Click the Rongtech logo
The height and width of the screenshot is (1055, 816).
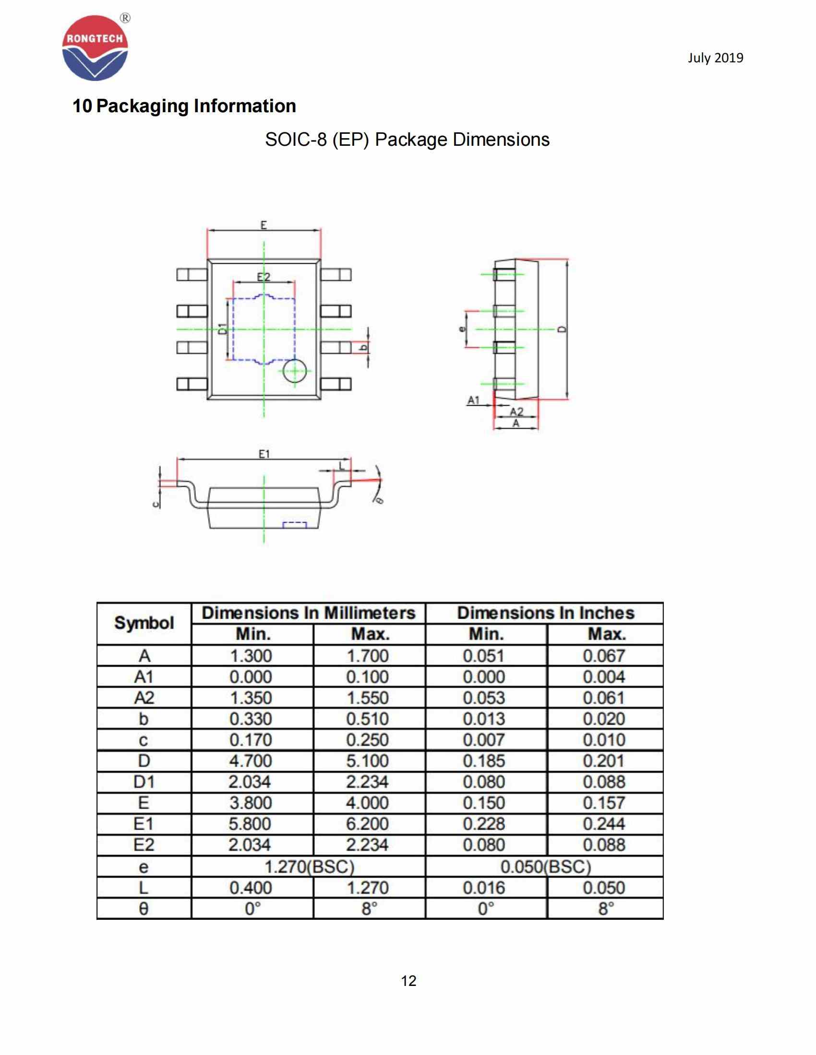[x=95, y=47]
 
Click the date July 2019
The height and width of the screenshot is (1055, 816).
[x=715, y=58]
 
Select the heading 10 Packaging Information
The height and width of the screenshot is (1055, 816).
[x=184, y=106]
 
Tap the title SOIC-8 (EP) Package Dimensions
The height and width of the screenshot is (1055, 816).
[x=407, y=140]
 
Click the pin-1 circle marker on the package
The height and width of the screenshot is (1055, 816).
[x=294, y=371]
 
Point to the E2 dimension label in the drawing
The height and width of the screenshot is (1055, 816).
[x=264, y=277]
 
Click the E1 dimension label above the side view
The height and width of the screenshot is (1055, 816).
[x=264, y=454]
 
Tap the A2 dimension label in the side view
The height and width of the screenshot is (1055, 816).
[x=517, y=411]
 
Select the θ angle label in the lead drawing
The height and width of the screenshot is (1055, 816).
[x=380, y=500]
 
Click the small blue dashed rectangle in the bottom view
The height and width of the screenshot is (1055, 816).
[x=294, y=525]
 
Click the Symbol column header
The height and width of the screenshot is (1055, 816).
[x=144, y=623]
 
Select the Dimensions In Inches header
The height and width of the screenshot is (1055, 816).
[x=545, y=613]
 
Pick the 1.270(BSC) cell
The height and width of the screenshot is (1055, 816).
[x=309, y=867]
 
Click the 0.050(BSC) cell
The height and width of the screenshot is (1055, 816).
[x=545, y=867]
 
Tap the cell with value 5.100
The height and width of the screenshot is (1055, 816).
[x=367, y=761]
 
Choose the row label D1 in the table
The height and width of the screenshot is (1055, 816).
[x=144, y=782]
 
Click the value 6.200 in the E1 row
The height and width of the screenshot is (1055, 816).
[x=367, y=824]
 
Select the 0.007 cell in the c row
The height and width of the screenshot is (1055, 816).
[x=484, y=740]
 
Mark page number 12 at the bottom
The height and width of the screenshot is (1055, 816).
[x=408, y=981]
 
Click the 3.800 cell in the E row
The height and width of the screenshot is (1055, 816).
[x=251, y=803]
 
